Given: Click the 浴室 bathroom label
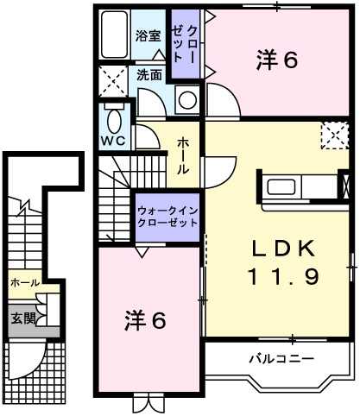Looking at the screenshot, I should point(148,35).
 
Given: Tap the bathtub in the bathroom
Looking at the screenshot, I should point(112,35).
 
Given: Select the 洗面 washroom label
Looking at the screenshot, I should point(148,75).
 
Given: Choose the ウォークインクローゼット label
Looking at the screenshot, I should point(167,215).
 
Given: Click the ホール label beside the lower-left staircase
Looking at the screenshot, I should point(24,282).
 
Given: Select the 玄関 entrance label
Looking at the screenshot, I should point(23,318).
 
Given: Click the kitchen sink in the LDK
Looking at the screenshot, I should point(283,187).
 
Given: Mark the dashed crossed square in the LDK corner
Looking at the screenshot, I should point(333,136).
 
